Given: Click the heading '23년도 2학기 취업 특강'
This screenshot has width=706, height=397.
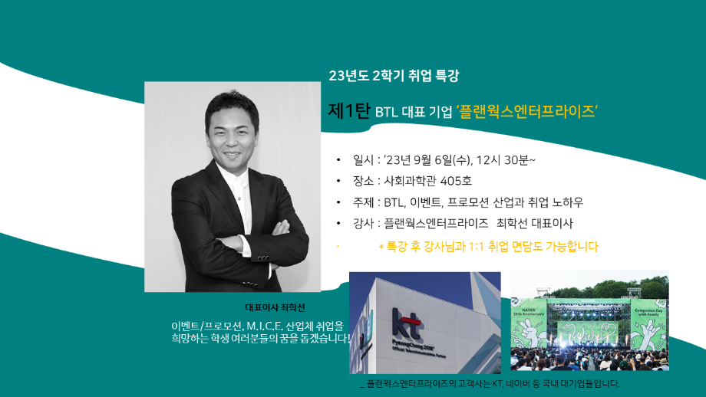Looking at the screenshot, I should pos(394,76).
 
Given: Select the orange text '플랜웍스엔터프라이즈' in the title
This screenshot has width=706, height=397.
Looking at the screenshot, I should pos(527,110).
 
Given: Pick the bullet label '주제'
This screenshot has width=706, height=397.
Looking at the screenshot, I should pos(364,202).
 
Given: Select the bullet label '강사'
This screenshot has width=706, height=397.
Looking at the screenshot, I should pos(364,223).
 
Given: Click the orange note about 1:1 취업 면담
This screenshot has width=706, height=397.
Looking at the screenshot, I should pos(488,247).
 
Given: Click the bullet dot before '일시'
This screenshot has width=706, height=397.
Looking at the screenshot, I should pos(338,161).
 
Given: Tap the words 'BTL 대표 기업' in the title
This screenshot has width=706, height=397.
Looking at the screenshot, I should pos(414,112).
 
